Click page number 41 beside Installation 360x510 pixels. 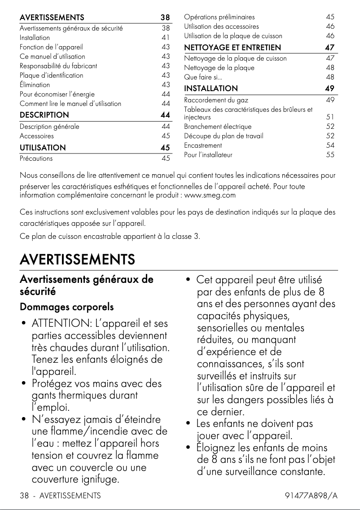click(x=166, y=38)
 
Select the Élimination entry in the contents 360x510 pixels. click(x=35, y=84)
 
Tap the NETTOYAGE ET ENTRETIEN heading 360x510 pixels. click(x=233, y=48)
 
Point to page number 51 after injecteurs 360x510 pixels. click(x=330, y=117)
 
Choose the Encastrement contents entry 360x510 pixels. click(x=203, y=145)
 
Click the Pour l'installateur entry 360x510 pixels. click(x=208, y=155)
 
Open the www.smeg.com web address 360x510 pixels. click(x=210, y=195)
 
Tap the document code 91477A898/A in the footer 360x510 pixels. click(x=311, y=496)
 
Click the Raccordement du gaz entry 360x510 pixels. click(x=216, y=100)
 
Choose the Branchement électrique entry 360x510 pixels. click(x=218, y=127)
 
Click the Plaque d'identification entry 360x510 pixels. click(x=51, y=75)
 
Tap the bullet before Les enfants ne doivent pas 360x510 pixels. click(x=189, y=423)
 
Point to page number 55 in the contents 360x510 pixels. click(x=330, y=155)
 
